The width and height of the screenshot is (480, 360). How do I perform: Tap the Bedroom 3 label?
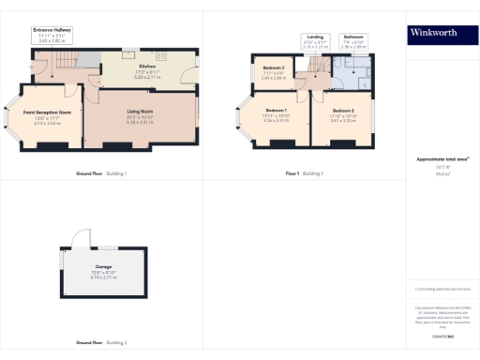[x=274, y=67]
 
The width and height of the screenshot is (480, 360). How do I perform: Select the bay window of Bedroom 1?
[x=242, y=118]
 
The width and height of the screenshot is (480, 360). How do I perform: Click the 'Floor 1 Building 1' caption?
[x=304, y=174]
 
